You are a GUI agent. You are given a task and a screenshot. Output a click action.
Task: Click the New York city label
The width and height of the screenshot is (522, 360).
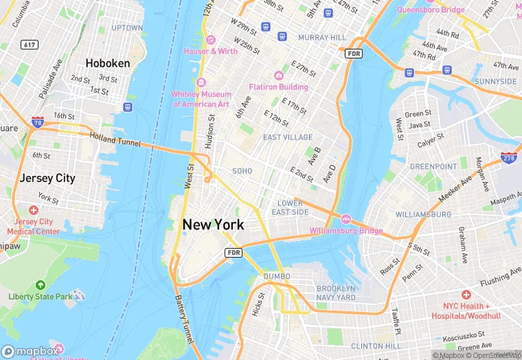click(213, 225)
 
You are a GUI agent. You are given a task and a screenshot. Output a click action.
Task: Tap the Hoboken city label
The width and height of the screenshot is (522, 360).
click(108, 63)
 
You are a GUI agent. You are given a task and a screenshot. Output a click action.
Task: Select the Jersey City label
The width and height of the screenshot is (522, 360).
click(47, 178)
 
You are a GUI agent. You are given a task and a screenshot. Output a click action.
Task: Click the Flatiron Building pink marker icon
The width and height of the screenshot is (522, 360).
click(278, 76)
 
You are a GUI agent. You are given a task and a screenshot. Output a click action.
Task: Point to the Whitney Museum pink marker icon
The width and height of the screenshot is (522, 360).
click(201, 83)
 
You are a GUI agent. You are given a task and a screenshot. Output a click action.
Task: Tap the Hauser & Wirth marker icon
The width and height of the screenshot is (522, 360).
click(211, 40)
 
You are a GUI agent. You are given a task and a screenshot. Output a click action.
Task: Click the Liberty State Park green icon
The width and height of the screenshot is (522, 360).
click(40, 284)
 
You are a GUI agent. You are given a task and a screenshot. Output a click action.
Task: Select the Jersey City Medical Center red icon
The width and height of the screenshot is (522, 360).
click(34, 210)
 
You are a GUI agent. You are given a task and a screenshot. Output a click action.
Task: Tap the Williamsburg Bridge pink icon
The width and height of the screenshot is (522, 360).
click(346, 219)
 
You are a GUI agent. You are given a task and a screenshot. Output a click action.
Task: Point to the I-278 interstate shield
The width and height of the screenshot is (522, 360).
click(508, 159)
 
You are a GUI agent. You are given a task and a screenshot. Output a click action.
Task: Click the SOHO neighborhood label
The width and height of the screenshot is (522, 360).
click(242, 170)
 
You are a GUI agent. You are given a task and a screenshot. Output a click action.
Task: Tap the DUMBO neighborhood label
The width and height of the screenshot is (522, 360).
click(277, 276)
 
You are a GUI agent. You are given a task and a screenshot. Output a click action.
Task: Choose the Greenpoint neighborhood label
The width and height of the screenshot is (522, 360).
click(433, 167)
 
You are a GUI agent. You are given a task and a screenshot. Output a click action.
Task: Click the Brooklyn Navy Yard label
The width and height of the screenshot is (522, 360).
click(336, 293)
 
